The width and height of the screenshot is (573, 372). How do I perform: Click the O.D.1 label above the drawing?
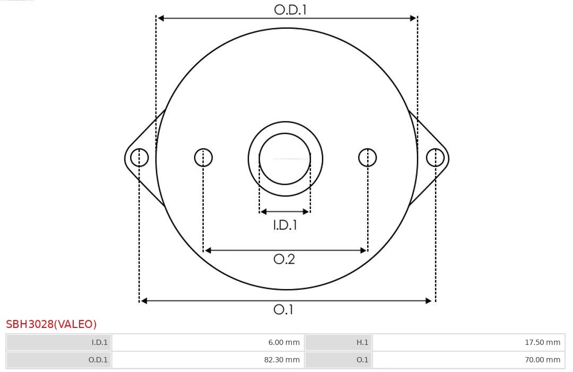pos(290,9)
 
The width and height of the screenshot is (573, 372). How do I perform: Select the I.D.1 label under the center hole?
pos(285,225)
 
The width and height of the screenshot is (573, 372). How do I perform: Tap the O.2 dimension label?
pos(284,259)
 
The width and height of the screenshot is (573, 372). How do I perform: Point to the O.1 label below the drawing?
pos(283,309)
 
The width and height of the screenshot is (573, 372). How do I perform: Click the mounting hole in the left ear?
pos(140,158)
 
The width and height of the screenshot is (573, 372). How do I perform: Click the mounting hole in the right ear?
pos(435,158)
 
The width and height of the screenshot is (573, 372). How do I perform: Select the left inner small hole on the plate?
pos(203,158)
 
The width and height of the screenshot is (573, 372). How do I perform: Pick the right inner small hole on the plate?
pos(368,158)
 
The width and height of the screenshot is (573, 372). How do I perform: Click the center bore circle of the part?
pos(285,159)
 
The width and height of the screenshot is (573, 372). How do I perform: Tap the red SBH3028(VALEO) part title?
pos(51,324)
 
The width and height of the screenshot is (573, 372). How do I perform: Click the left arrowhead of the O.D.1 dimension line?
pos(161,18)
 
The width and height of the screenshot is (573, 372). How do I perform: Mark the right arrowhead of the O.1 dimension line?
pos(429,301)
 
